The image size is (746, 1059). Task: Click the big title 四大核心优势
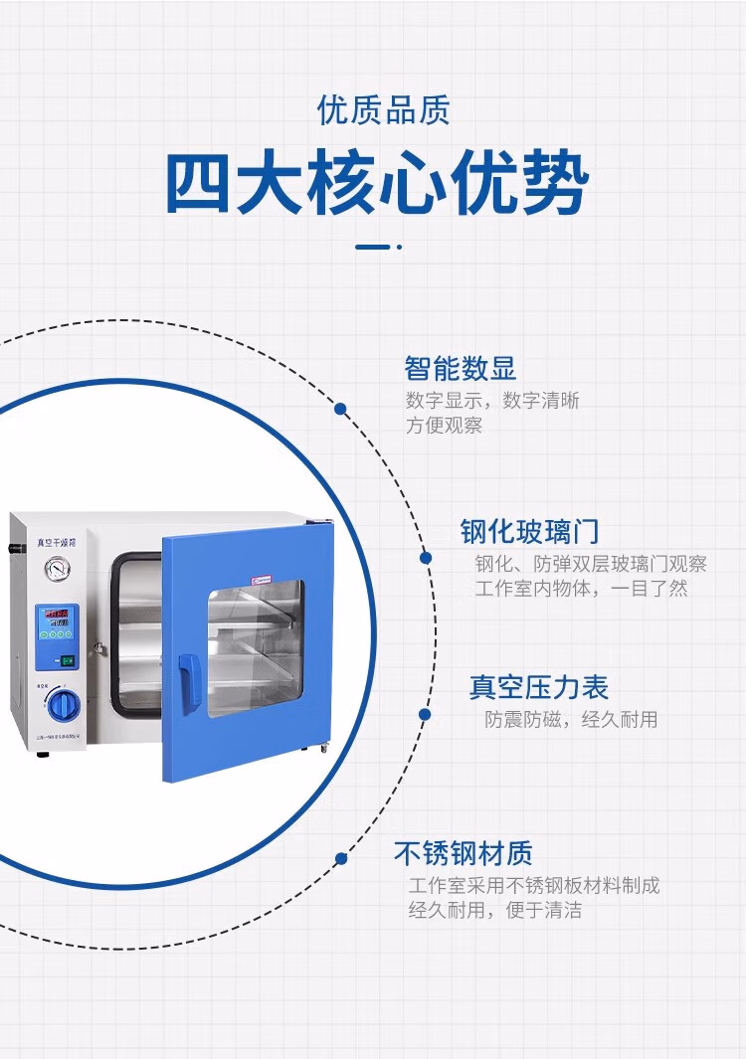click(x=377, y=184)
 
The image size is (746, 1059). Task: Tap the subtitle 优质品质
click(x=383, y=110)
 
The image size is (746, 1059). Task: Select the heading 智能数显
click(x=461, y=369)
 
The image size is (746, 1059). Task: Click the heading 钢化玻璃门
click(x=529, y=531)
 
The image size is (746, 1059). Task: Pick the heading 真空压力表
click(x=539, y=687)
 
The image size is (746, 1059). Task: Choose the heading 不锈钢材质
click(x=464, y=853)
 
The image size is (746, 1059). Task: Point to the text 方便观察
click(x=444, y=427)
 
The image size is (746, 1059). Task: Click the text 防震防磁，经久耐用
click(x=571, y=720)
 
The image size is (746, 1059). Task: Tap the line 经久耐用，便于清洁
click(x=494, y=910)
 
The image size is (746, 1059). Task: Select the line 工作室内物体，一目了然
click(x=581, y=589)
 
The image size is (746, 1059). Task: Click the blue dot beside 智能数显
click(x=340, y=409)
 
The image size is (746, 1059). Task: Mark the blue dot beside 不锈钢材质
click(x=341, y=858)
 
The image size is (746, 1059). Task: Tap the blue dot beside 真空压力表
click(x=425, y=714)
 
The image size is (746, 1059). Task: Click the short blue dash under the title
click(x=373, y=247)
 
